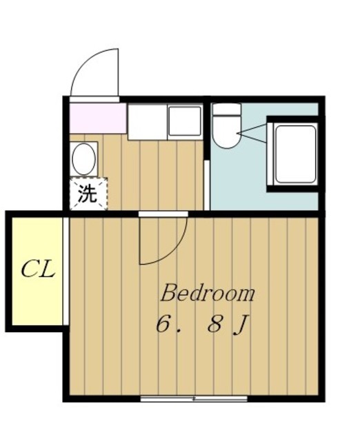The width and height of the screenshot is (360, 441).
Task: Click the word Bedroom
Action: (x=208, y=294)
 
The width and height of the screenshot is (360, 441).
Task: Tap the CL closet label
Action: (x=37, y=269)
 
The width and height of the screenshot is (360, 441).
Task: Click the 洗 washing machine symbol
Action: (x=88, y=194)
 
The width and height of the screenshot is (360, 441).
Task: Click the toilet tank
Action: (x=226, y=109)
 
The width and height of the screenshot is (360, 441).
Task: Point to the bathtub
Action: (x=294, y=154)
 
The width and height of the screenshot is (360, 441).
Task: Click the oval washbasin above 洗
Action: (x=83, y=159)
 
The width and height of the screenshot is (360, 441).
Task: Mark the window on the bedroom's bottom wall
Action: (x=193, y=398)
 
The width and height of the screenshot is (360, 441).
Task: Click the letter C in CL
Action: (x=30, y=269)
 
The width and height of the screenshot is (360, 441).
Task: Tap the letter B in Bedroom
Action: (x=168, y=294)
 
